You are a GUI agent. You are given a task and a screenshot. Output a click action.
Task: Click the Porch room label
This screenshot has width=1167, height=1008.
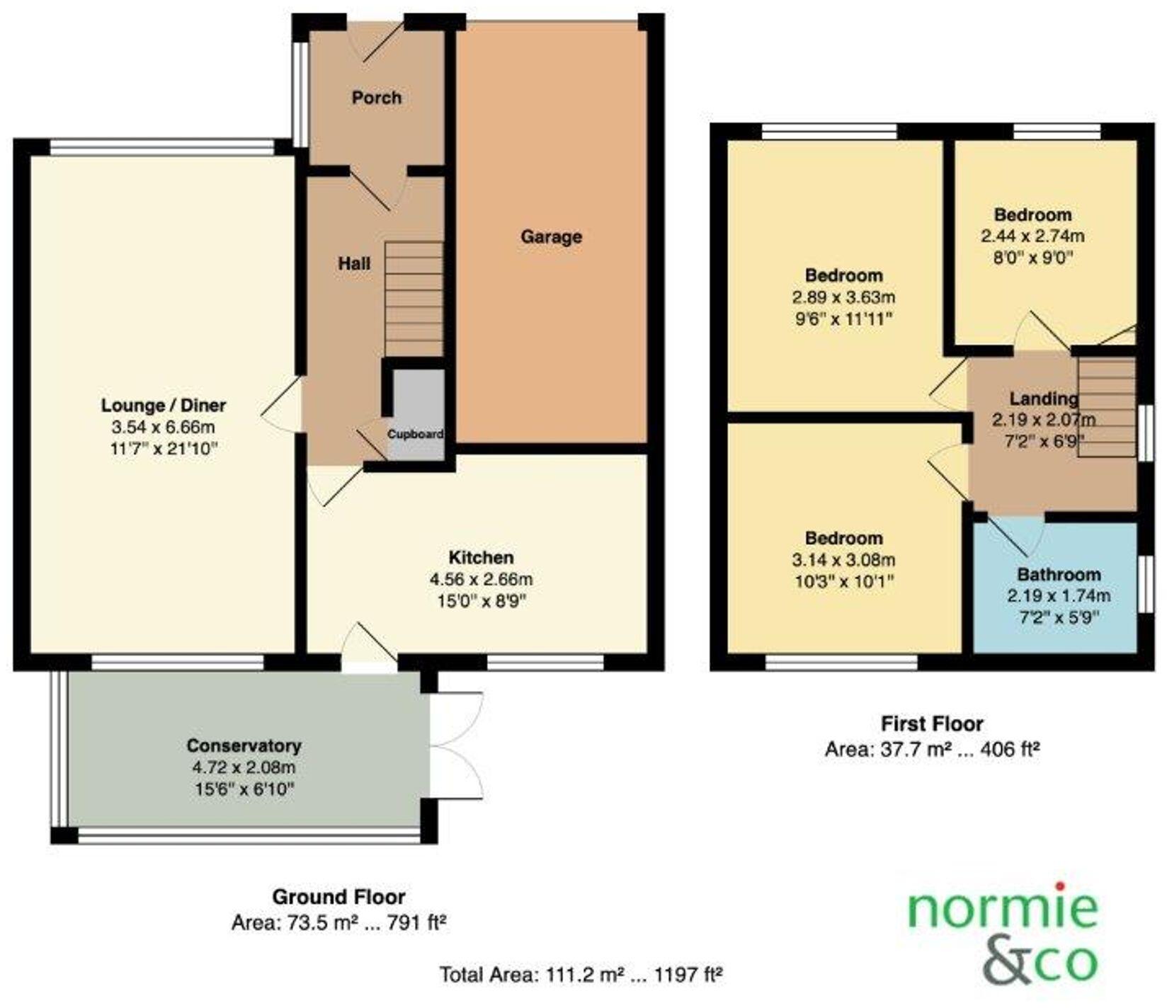click(376, 97)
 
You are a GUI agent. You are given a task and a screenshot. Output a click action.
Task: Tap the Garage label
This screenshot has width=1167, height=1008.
click(551, 236)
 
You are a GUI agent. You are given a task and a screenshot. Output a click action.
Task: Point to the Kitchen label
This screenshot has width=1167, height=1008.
click(481, 557)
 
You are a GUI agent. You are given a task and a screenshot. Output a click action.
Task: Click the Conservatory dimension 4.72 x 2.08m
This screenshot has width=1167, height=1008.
click(244, 767)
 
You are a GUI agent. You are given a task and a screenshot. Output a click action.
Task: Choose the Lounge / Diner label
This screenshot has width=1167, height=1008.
click(164, 406)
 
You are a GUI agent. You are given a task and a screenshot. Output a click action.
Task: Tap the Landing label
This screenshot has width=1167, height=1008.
click(1043, 399)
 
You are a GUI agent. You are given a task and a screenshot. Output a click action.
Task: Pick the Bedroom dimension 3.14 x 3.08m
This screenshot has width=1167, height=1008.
click(843, 561)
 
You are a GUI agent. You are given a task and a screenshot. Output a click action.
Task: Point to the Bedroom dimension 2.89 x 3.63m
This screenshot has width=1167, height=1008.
click(843, 297)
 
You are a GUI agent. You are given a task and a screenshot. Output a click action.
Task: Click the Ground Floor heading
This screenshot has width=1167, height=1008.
click(338, 897)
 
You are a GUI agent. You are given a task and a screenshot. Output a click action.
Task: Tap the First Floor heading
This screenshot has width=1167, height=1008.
click(931, 724)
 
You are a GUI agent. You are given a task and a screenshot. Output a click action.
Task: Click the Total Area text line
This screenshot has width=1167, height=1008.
click(581, 975)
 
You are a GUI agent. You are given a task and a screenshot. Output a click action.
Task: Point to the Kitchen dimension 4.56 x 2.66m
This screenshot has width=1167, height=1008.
click(481, 580)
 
